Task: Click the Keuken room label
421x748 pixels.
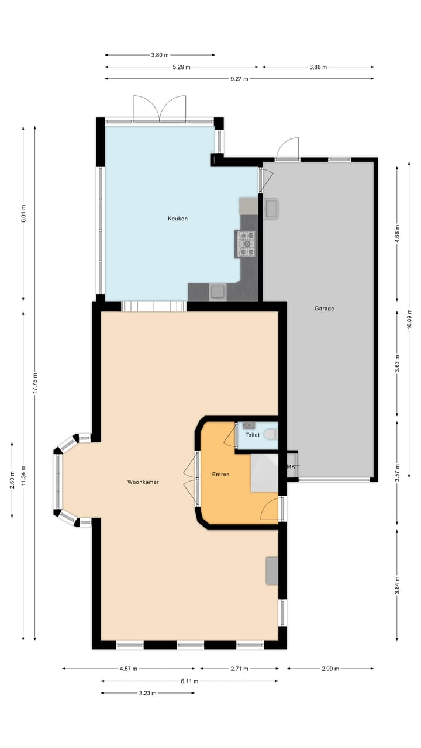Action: tap(177, 219)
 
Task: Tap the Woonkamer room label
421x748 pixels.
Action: tap(143, 482)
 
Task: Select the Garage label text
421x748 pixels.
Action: tap(325, 309)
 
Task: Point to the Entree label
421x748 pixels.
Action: tap(220, 475)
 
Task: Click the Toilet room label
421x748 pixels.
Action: tap(252, 435)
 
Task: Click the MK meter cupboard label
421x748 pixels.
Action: tap(291, 467)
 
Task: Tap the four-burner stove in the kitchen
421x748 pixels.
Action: tap(246, 244)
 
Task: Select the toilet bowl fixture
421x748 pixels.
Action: tap(270, 435)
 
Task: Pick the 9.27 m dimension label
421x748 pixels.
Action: tap(239, 79)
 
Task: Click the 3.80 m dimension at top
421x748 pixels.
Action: tap(160, 55)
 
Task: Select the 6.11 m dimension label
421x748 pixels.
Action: tap(189, 681)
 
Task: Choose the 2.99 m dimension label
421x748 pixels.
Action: tap(330, 669)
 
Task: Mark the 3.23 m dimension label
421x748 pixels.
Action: tap(147, 693)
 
